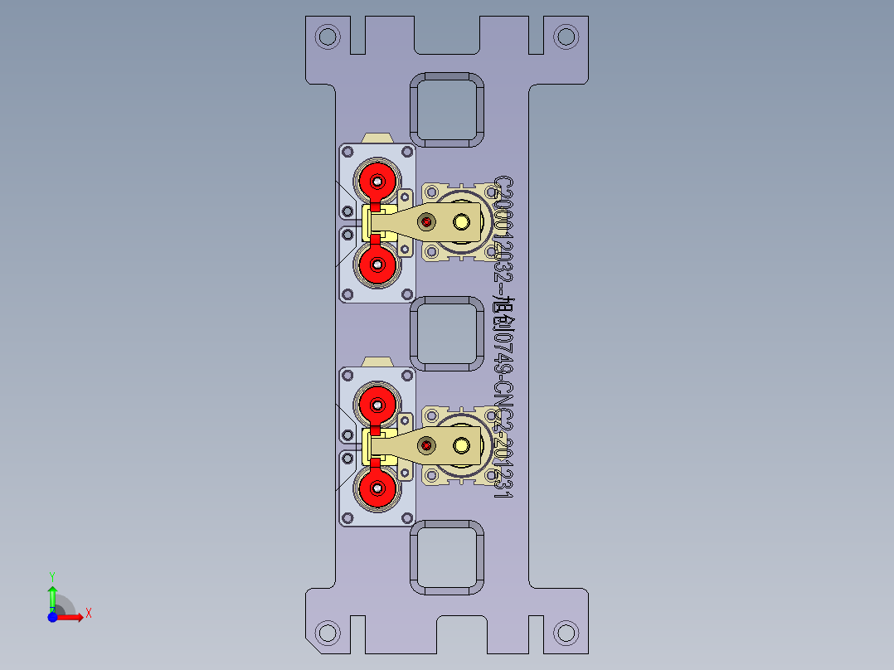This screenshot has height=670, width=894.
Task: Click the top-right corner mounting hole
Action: (566, 36)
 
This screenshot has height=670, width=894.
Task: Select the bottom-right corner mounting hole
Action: (566, 633)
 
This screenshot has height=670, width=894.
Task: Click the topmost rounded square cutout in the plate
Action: (448, 109)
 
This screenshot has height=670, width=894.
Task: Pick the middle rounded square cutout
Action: (448, 334)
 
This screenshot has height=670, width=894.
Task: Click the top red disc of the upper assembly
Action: (377, 180)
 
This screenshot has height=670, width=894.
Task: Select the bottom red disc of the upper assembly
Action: (377, 265)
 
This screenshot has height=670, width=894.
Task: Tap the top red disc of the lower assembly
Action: (377, 405)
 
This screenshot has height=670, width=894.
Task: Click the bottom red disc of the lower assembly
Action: (377, 489)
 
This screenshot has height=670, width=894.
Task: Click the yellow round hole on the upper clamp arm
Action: (461, 222)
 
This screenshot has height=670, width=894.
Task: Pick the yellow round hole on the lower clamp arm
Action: (461, 446)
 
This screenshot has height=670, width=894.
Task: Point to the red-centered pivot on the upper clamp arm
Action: (427, 222)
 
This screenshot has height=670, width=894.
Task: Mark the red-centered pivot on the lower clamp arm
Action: (426, 446)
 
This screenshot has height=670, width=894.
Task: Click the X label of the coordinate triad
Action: (88, 614)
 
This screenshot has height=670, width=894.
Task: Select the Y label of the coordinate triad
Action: (51, 575)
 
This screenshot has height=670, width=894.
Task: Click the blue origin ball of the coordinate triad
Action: (52, 617)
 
